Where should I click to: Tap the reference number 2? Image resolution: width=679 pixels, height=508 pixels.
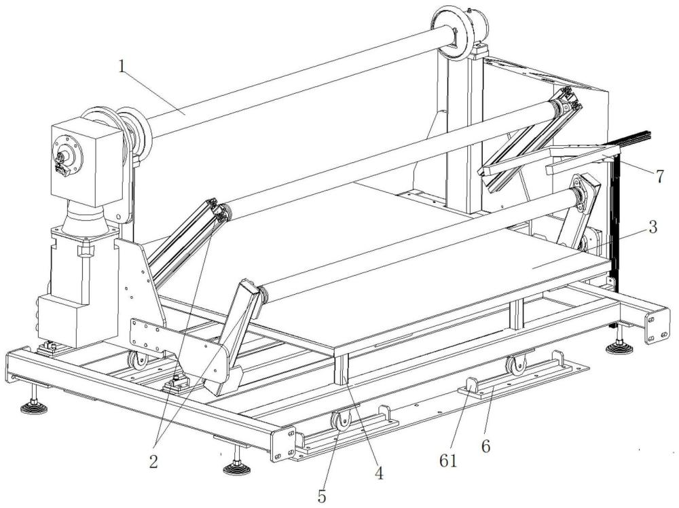[153, 462]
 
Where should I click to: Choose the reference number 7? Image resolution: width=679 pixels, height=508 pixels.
[659, 175]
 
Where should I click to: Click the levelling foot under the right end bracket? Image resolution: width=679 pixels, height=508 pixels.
[618, 348]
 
